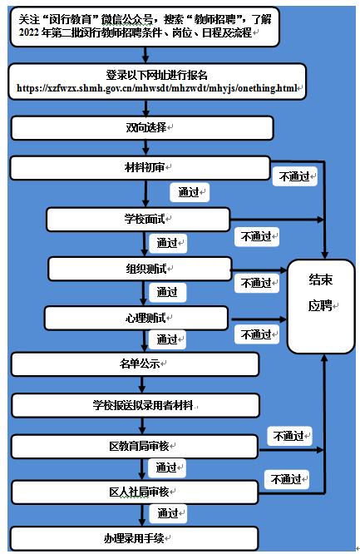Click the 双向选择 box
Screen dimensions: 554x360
(x=141, y=127)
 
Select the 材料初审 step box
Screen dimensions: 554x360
(x=141, y=167)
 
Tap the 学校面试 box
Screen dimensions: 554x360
(x=138, y=220)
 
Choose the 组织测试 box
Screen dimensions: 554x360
(x=140, y=269)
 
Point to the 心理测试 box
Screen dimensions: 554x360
(x=136, y=318)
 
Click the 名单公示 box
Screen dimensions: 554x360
(x=136, y=364)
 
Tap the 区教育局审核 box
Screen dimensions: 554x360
(x=136, y=447)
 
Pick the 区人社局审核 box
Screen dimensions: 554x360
(x=136, y=492)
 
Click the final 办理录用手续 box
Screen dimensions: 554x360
(x=136, y=537)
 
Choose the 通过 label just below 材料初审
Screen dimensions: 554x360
(x=188, y=192)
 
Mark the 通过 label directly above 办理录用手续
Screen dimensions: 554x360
(x=167, y=512)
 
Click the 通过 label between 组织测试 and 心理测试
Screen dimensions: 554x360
(x=167, y=292)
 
